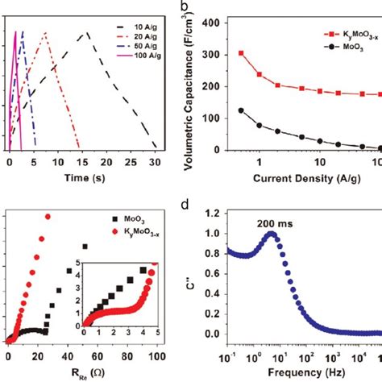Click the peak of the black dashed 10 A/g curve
[x=85, y=31]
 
